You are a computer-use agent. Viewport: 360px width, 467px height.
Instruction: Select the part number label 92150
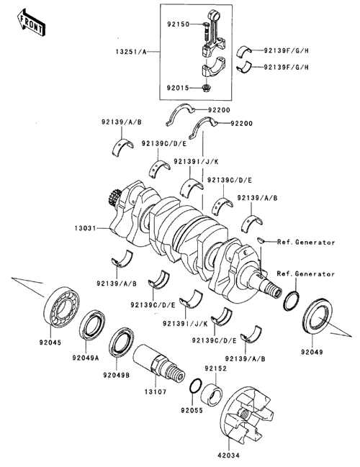179,24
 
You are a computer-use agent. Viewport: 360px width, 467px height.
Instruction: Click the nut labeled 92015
206,88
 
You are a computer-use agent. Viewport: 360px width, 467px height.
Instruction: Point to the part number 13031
85,228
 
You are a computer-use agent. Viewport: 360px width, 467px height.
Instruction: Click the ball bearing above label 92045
62,307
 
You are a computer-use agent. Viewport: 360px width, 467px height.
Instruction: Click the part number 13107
156,392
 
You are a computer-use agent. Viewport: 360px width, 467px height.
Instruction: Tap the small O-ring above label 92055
196,386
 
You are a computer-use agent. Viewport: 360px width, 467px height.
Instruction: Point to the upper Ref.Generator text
306,242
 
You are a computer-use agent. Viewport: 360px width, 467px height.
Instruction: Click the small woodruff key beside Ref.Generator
261,240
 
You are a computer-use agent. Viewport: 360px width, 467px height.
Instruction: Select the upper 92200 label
219,110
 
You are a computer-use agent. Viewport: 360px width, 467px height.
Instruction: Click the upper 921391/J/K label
196,162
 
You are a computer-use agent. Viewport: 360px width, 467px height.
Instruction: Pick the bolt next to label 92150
206,32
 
